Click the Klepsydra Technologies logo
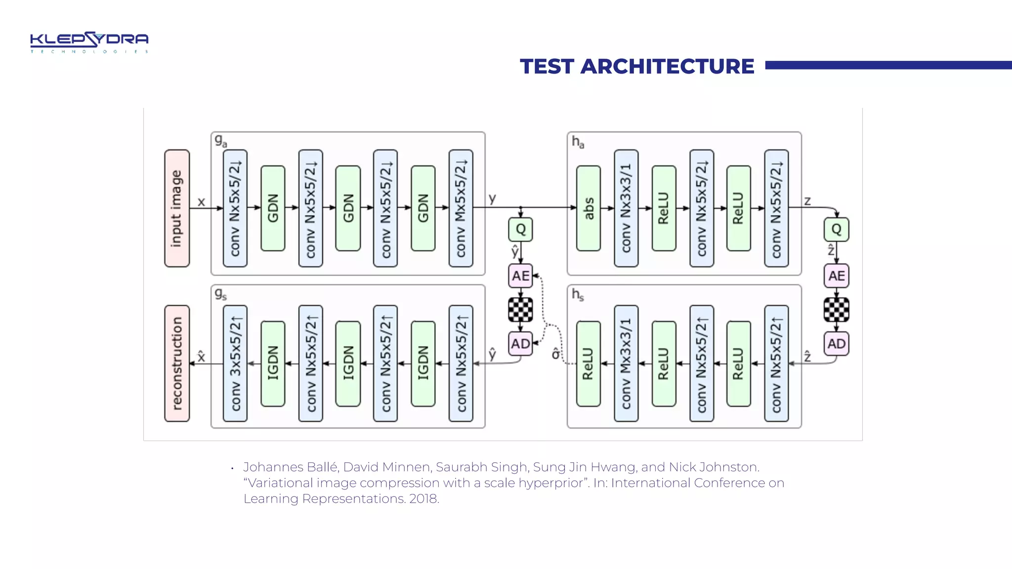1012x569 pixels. point(89,42)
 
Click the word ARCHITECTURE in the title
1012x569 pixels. point(667,67)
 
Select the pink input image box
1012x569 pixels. point(177,208)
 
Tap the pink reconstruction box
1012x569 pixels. point(177,363)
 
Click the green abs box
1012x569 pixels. point(589,208)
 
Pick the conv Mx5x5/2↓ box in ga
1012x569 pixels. point(461,208)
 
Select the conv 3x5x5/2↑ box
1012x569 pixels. point(235,363)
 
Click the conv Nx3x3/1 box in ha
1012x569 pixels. point(626,208)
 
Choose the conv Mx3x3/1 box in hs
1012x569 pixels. point(626,363)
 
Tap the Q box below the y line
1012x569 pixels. point(520,229)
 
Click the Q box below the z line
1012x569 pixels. point(836,229)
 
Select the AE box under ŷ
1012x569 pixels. point(520,276)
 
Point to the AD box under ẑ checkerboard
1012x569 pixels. point(836,343)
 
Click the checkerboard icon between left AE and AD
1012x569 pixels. point(520,310)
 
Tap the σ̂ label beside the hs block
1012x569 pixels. point(556,354)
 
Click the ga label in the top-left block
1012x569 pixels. point(220,141)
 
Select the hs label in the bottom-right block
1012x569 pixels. point(578,295)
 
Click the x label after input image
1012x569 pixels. point(201,202)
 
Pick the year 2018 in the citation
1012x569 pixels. point(423,499)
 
